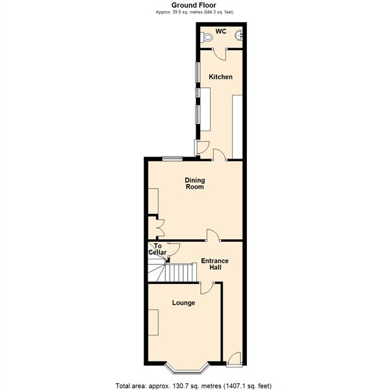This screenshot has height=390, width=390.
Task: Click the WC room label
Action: tap(221, 31)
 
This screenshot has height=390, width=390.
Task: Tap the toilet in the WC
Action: tap(207, 38)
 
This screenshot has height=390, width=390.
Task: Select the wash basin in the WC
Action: tap(239, 35)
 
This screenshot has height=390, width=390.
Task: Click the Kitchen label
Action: tap(220, 77)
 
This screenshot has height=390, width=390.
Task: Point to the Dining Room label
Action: tap(195, 183)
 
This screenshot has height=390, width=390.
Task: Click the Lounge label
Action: tap(183, 303)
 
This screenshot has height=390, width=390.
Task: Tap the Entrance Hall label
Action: tap(215, 264)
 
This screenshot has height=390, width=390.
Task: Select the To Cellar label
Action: tap(157, 249)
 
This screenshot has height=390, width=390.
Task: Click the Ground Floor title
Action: tap(194, 5)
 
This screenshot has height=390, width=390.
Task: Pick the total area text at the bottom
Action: tap(194, 386)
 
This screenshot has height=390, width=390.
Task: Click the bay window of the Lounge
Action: tap(187, 369)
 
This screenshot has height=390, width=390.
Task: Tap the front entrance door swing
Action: tap(235, 359)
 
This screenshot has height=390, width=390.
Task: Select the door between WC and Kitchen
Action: tap(219, 54)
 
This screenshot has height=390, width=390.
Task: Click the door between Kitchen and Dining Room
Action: tap(220, 155)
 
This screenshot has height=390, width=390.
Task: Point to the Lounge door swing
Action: tap(207, 288)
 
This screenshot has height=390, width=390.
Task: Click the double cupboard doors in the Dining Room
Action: tap(161, 227)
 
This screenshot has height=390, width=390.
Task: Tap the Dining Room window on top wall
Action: tap(172, 159)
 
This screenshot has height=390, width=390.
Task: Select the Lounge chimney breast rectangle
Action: tap(153, 322)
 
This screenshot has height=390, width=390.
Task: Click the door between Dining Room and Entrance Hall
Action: tap(213, 235)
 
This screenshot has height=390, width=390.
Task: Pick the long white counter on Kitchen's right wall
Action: tap(237, 127)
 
